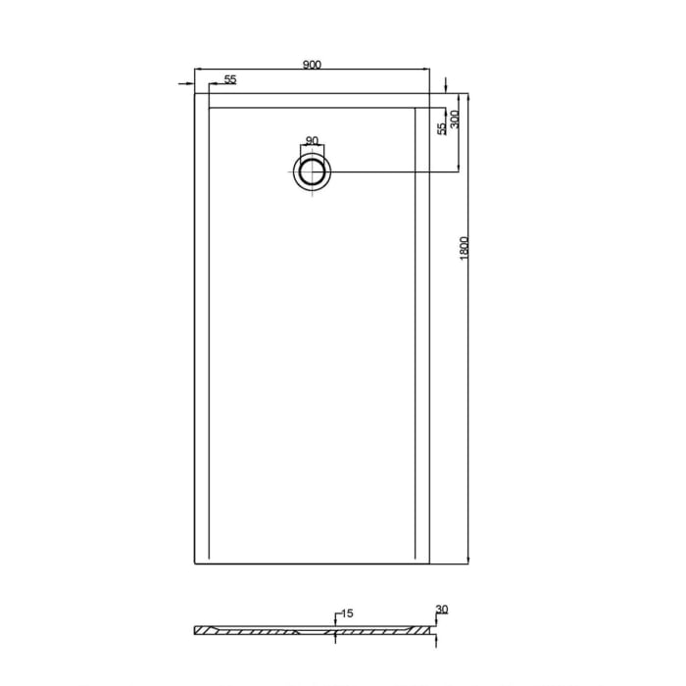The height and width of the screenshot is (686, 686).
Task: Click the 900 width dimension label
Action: click(x=312, y=65)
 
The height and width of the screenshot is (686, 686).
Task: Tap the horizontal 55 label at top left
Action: click(x=229, y=79)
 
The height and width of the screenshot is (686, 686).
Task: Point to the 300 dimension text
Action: click(x=456, y=121)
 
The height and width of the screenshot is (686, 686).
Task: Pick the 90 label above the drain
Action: click(x=312, y=141)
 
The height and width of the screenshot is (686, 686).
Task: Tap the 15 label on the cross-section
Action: click(x=347, y=613)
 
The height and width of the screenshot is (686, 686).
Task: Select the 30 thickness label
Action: click(x=441, y=610)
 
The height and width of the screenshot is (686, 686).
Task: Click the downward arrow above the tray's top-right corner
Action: click(x=446, y=85)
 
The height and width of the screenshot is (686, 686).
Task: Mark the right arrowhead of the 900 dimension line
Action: click(x=426, y=70)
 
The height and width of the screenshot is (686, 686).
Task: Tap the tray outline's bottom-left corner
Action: click(x=196, y=563)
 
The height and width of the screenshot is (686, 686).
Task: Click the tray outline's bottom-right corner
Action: click(x=430, y=563)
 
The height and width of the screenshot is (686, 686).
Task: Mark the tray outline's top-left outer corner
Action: click(x=196, y=94)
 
